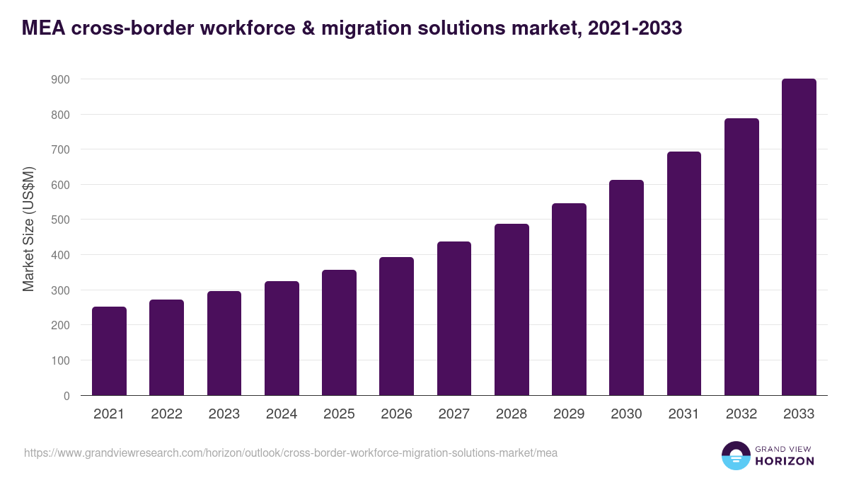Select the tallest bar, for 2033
(799, 237)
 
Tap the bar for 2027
(454, 319)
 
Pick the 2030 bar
(626, 288)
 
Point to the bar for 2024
(282, 338)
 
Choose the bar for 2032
(741, 256)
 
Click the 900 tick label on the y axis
(60, 79)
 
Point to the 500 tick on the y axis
(60, 220)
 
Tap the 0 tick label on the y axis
(66, 396)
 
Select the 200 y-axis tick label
(60, 325)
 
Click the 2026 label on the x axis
(396, 414)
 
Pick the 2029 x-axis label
(569, 414)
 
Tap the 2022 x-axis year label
(166, 414)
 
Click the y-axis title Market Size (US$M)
(28, 229)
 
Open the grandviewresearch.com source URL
(290, 453)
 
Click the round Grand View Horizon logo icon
(735, 455)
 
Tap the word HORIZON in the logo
(784, 461)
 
